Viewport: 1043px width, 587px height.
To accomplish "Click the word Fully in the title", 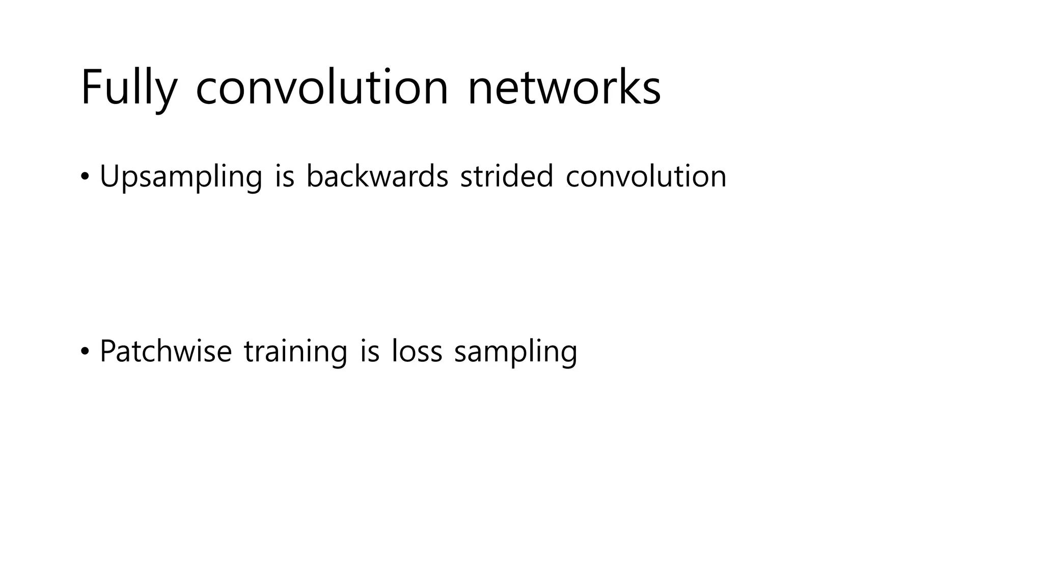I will point(129,88).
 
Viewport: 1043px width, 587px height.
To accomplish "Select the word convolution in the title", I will point(322,88).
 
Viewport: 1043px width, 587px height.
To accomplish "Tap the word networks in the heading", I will point(564,88).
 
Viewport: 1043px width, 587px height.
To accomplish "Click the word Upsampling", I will point(181,177).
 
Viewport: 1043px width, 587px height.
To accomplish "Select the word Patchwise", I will point(166,351).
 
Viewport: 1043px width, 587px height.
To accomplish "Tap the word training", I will point(295,352).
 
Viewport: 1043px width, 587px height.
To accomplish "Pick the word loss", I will point(417,351).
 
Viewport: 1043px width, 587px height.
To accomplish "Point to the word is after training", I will point(370,351).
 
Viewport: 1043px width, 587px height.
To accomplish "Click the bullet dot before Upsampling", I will point(85,177).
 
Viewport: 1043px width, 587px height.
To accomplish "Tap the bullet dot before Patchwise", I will point(85,352).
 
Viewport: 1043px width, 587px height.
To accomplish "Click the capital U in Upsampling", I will point(109,176).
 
